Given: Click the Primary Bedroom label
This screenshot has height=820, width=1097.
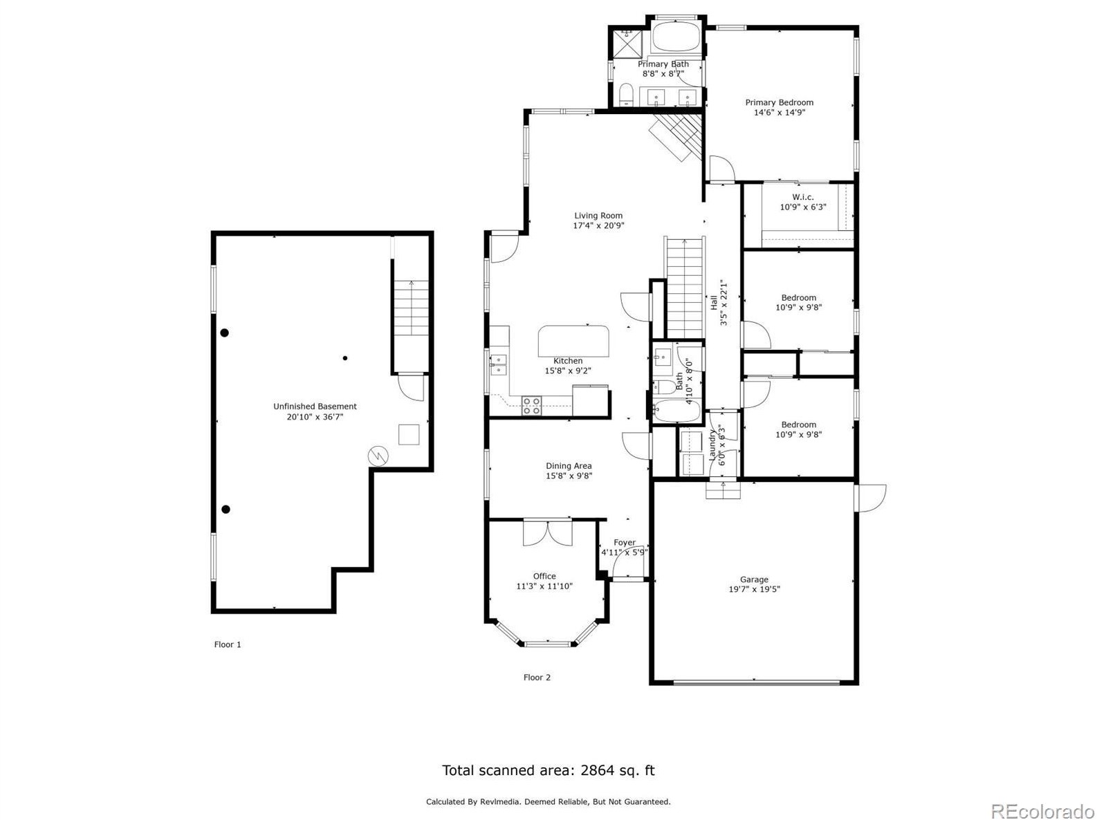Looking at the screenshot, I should click(779, 102).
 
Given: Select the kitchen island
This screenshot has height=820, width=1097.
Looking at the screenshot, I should click(574, 340).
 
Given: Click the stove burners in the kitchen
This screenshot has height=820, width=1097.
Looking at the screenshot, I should click(531, 405).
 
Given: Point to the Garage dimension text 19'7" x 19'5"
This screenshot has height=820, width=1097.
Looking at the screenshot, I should click(754, 590).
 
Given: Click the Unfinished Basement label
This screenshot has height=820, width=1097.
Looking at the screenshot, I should click(315, 407).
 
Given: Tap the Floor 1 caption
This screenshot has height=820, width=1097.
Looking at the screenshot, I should click(228, 644).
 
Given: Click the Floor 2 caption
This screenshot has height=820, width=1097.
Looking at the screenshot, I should click(537, 678).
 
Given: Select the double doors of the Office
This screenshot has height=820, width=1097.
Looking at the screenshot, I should click(548, 533).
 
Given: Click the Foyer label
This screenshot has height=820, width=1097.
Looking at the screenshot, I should click(624, 543).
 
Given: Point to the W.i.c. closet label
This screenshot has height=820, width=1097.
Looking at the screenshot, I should click(803, 197).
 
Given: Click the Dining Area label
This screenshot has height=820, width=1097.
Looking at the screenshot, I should click(569, 466).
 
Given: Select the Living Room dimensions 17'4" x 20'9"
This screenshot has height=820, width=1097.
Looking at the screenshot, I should click(598, 225).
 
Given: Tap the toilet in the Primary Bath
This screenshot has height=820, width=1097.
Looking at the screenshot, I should click(626, 95).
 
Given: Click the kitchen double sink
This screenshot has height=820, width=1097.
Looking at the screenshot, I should click(498, 364).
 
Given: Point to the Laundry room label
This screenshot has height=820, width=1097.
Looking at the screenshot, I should click(712, 446).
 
